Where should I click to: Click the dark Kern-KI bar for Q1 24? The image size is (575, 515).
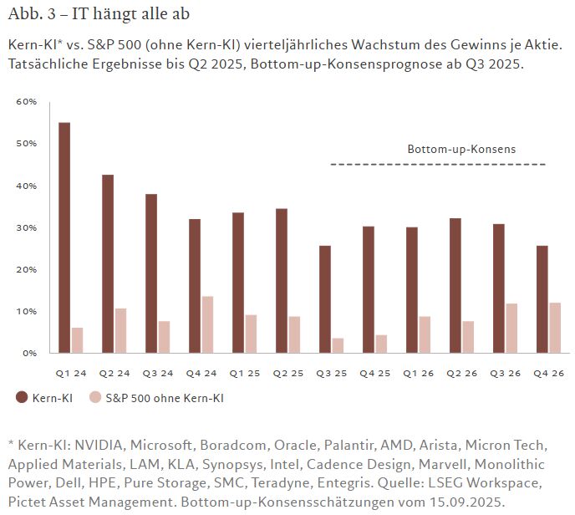pos(64,238)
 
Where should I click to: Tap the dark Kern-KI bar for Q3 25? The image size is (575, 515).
pos(325,299)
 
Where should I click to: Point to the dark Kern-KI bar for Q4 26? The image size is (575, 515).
pos(542,299)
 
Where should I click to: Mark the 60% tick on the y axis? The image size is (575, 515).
pos(27,102)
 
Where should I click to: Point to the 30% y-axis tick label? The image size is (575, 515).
pos(27,227)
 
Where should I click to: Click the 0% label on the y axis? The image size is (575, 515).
pos(29,353)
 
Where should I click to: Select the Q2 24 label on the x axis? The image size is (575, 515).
pos(116,372)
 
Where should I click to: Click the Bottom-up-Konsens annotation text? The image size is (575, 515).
pos(461,149)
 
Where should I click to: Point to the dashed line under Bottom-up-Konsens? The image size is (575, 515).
pos(438,165)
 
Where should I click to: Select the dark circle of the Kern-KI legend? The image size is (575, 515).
pos(22,398)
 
